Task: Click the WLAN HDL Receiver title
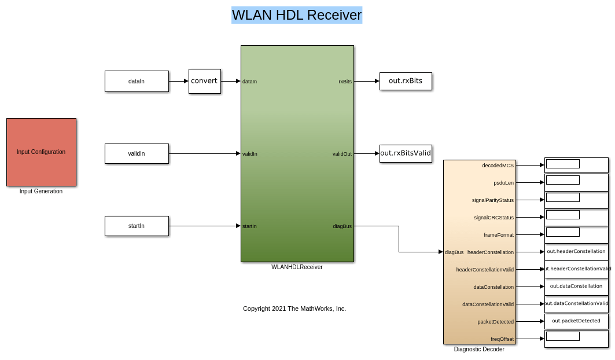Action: (x=296, y=15)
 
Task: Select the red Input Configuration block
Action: (x=41, y=152)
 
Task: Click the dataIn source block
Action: (x=137, y=82)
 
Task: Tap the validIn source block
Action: (x=137, y=154)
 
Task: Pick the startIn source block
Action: (x=137, y=226)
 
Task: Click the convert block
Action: (x=204, y=81)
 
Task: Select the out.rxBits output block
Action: (x=406, y=81)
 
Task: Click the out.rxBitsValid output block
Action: (x=406, y=153)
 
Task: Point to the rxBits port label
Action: (x=345, y=82)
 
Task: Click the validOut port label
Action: (x=342, y=154)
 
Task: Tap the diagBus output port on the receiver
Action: (x=342, y=226)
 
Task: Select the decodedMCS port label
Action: (x=498, y=166)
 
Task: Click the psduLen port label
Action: (x=503, y=183)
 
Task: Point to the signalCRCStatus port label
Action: (x=494, y=218)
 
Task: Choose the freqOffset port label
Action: (x=502, y=339)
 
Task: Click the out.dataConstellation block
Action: (x=576, y=286)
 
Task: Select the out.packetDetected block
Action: (x=576, y=321)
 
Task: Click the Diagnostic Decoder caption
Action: (x=479, y=350)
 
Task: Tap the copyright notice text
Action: (x=294, y=308)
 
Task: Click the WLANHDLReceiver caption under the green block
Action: (x=297, y=267)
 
